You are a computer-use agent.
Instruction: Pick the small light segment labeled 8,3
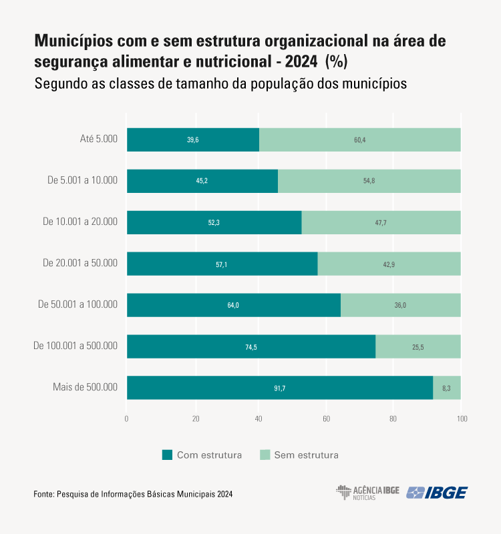pyautogui.click(x=446, y=388)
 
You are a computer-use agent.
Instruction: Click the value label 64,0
pyautogui.click(x=232, y=305)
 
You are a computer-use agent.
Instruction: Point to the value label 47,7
pyautogui.click(x=381, y=222)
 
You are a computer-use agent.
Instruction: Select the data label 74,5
pyautogui.click(x=251, y=346)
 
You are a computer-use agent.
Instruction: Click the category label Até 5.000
pyautogui.click(x=98, y=139)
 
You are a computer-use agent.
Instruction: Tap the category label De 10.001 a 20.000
pyautogui.click(x=80, y=222)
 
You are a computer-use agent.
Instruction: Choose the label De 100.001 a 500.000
pyautogui.click(x=75, y=346)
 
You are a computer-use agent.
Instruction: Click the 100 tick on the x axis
pyautogui.click(x=462, y=419)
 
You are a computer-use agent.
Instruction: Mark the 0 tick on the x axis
pyautogui.click(x=127, y=419)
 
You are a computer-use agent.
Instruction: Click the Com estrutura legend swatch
pyautogui.click(x=168, y=455)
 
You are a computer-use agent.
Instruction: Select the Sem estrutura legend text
pyautogui.click(x=306, y=455)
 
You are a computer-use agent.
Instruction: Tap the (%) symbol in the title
pyautogui.click(x=336, y=61)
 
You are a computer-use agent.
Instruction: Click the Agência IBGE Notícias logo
pyautogui.click(x=367, y=493)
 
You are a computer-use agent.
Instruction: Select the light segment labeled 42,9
pyautogui.click(x=389, y=264)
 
